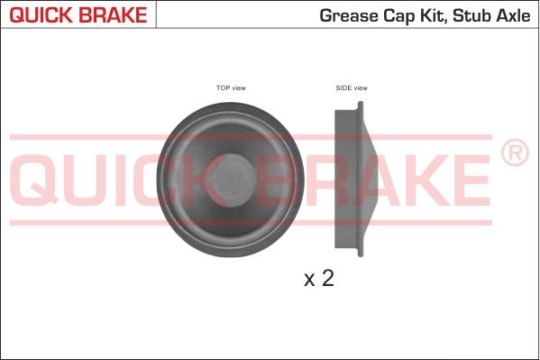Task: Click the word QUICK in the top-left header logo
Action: (38, 16)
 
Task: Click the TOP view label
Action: (231, 88)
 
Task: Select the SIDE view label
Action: (352, 88)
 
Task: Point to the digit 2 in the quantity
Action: (327, 279)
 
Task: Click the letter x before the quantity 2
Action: (308, 281)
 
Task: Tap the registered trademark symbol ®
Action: (514, 153)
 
